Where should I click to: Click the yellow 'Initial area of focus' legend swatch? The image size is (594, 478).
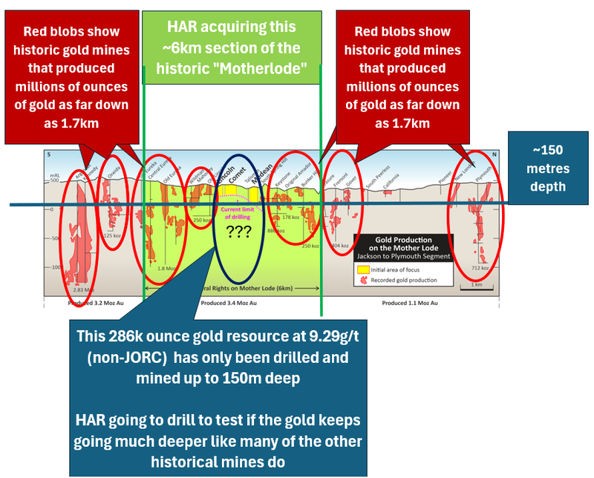363,271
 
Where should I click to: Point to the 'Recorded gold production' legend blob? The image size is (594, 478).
363,281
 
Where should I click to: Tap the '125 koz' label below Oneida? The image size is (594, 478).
116,236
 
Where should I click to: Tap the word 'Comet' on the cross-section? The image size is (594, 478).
238,176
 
